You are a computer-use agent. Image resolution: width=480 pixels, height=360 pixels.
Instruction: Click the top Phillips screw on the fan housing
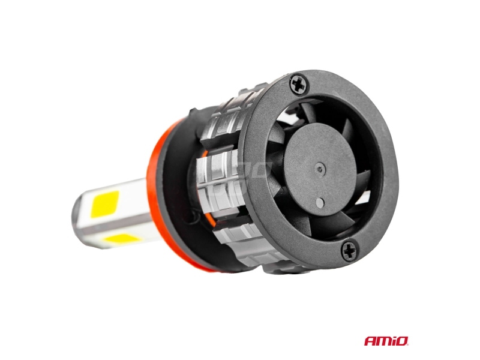tap(298, 83)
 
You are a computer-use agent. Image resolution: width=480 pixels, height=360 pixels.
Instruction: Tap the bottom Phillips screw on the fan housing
tap(349, 251)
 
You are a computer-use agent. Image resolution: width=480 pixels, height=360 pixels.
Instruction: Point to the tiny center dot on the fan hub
tap(320, 168)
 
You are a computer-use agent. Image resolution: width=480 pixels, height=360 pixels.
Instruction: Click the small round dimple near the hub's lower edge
tap(319, 202)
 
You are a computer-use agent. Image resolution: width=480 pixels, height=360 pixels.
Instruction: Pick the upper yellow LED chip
tap(104, 204)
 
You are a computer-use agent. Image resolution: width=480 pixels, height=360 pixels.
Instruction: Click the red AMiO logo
tap(386, 340)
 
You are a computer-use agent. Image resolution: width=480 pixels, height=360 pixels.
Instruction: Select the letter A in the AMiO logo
tap(370, 341)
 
